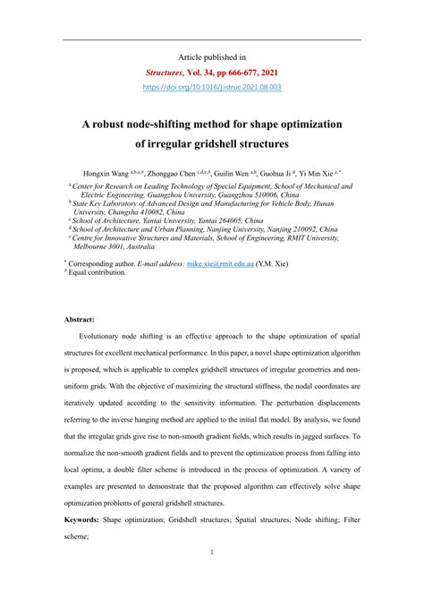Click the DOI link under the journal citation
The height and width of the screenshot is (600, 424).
[212, 87]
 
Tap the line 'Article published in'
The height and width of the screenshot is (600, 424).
[212, 56]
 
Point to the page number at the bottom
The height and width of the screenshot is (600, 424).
[212, 578]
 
